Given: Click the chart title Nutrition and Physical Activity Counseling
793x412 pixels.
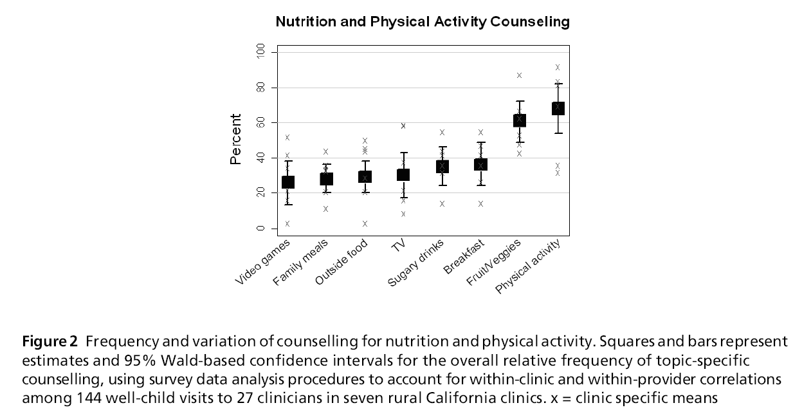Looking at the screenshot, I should pos(423,22).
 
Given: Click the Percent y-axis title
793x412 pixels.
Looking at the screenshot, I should pos(236,139).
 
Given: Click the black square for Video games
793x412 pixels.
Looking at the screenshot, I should pos(287,183).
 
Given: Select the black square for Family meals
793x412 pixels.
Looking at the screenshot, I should pos(326,179).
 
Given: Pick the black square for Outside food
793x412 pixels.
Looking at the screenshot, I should pos(365,177).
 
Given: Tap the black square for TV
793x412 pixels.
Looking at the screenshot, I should pos(403,174).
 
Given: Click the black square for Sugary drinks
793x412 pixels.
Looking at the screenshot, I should pos(442,167).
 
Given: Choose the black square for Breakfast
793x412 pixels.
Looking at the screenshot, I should pos(480,165).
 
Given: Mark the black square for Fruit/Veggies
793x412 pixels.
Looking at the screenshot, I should pos(519,120).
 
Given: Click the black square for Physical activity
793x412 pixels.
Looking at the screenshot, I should pos(558,108).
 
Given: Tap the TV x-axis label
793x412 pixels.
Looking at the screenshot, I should pos(397,247).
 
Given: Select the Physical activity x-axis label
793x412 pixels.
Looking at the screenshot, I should pos(529,267).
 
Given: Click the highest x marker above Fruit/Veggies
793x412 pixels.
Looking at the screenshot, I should pos(519,75).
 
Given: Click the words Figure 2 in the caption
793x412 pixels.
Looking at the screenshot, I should pos(50,341).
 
